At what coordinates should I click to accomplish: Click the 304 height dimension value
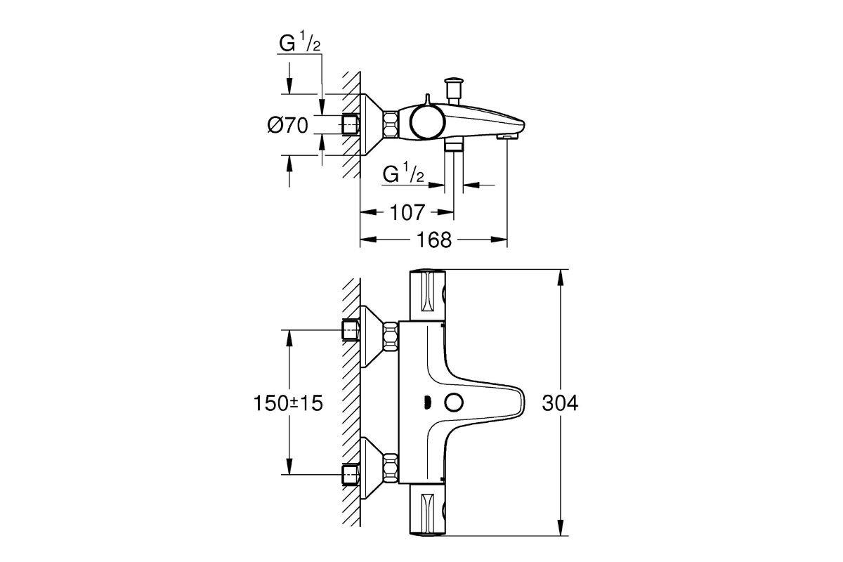point(560,403)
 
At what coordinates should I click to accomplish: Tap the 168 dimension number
point(433,240)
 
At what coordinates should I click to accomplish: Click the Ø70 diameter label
point(288,126)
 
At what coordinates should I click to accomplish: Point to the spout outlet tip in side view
point(506,135)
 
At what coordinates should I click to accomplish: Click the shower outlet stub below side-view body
point(455,144)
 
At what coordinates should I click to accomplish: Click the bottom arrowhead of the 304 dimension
point(560,533)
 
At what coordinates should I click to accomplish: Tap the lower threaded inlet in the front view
point(350,475)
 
